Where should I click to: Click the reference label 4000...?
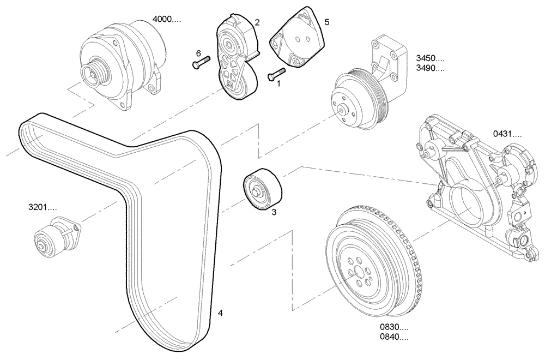pos(166,19)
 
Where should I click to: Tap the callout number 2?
pos(257,22)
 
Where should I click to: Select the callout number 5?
pos(327,22)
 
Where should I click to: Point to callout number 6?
pos(198,53)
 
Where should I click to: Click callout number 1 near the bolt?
pos(278,84)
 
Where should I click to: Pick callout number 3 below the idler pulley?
pos(274,212)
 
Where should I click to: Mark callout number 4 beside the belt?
pos(220,313)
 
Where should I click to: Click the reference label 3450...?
pos(430,58)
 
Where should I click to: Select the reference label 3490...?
pos(430,68)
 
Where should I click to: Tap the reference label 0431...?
pos(507,133)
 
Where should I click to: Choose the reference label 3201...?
pos(43,207)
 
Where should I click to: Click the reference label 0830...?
pos(394,327)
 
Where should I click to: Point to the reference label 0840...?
pos(394,338)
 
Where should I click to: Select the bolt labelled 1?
pos(276,74)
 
